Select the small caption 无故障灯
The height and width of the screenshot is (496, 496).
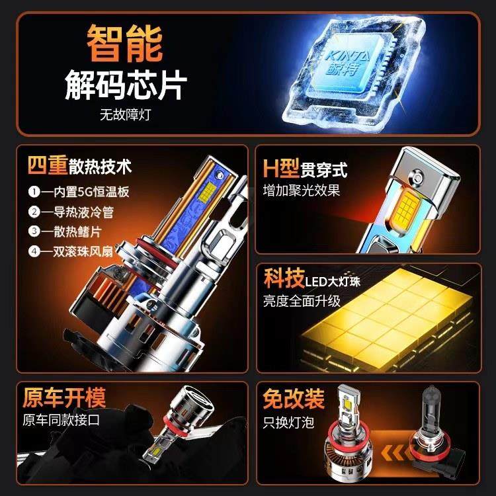126,114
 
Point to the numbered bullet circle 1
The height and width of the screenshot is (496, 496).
34,192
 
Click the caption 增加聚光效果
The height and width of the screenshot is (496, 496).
302,190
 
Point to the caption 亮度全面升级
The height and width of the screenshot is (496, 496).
302,300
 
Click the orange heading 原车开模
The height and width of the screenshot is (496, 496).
63,397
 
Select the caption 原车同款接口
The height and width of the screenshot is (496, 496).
61,420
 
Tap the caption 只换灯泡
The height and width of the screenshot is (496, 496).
290,421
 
